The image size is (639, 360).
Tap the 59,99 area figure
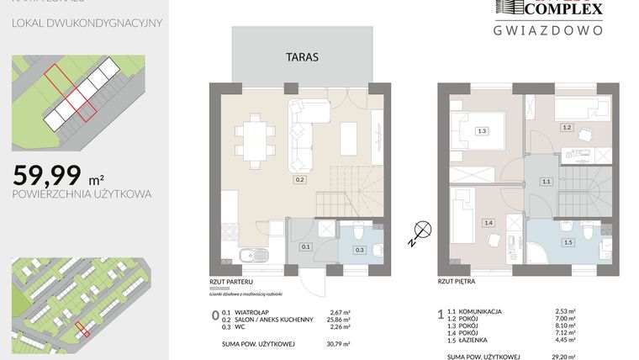(48, 175)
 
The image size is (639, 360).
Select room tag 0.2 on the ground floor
(299, 179)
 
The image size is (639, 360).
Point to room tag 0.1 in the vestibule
(307, 247)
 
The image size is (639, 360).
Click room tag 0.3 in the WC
(359, 250)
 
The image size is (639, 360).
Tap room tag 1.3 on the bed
(482, 130)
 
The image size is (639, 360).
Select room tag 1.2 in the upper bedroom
(567, 127)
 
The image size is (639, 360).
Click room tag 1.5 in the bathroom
(568, 242)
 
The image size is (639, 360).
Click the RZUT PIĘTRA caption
(457, 284)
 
